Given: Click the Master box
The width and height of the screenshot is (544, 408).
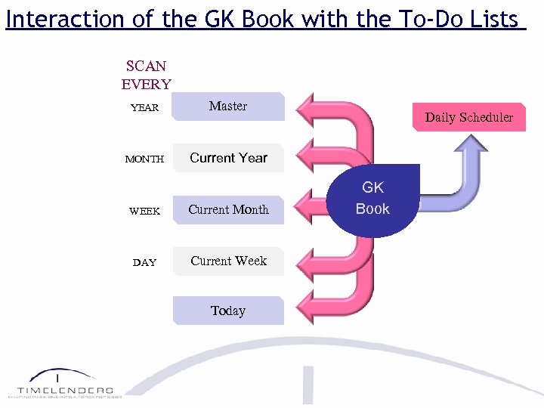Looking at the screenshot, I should (228, 107).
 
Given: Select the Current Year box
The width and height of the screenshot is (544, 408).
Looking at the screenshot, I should (228, 158).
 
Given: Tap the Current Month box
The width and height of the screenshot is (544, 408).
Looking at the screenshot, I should (228, 210).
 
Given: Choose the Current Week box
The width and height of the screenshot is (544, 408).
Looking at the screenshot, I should (228, 261).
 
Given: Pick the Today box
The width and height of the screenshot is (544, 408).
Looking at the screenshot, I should (228, 311).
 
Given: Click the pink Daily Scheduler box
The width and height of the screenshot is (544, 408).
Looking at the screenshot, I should (468, 117).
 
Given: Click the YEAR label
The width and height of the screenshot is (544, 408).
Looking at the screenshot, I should (144, 107).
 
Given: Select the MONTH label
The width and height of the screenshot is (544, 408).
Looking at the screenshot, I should (144, 159).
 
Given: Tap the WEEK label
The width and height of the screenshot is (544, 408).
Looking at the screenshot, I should (144, 211).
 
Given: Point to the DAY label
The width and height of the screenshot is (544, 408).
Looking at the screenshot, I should (144, 262).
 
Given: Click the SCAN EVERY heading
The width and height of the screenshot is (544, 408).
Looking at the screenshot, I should (146, 76).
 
